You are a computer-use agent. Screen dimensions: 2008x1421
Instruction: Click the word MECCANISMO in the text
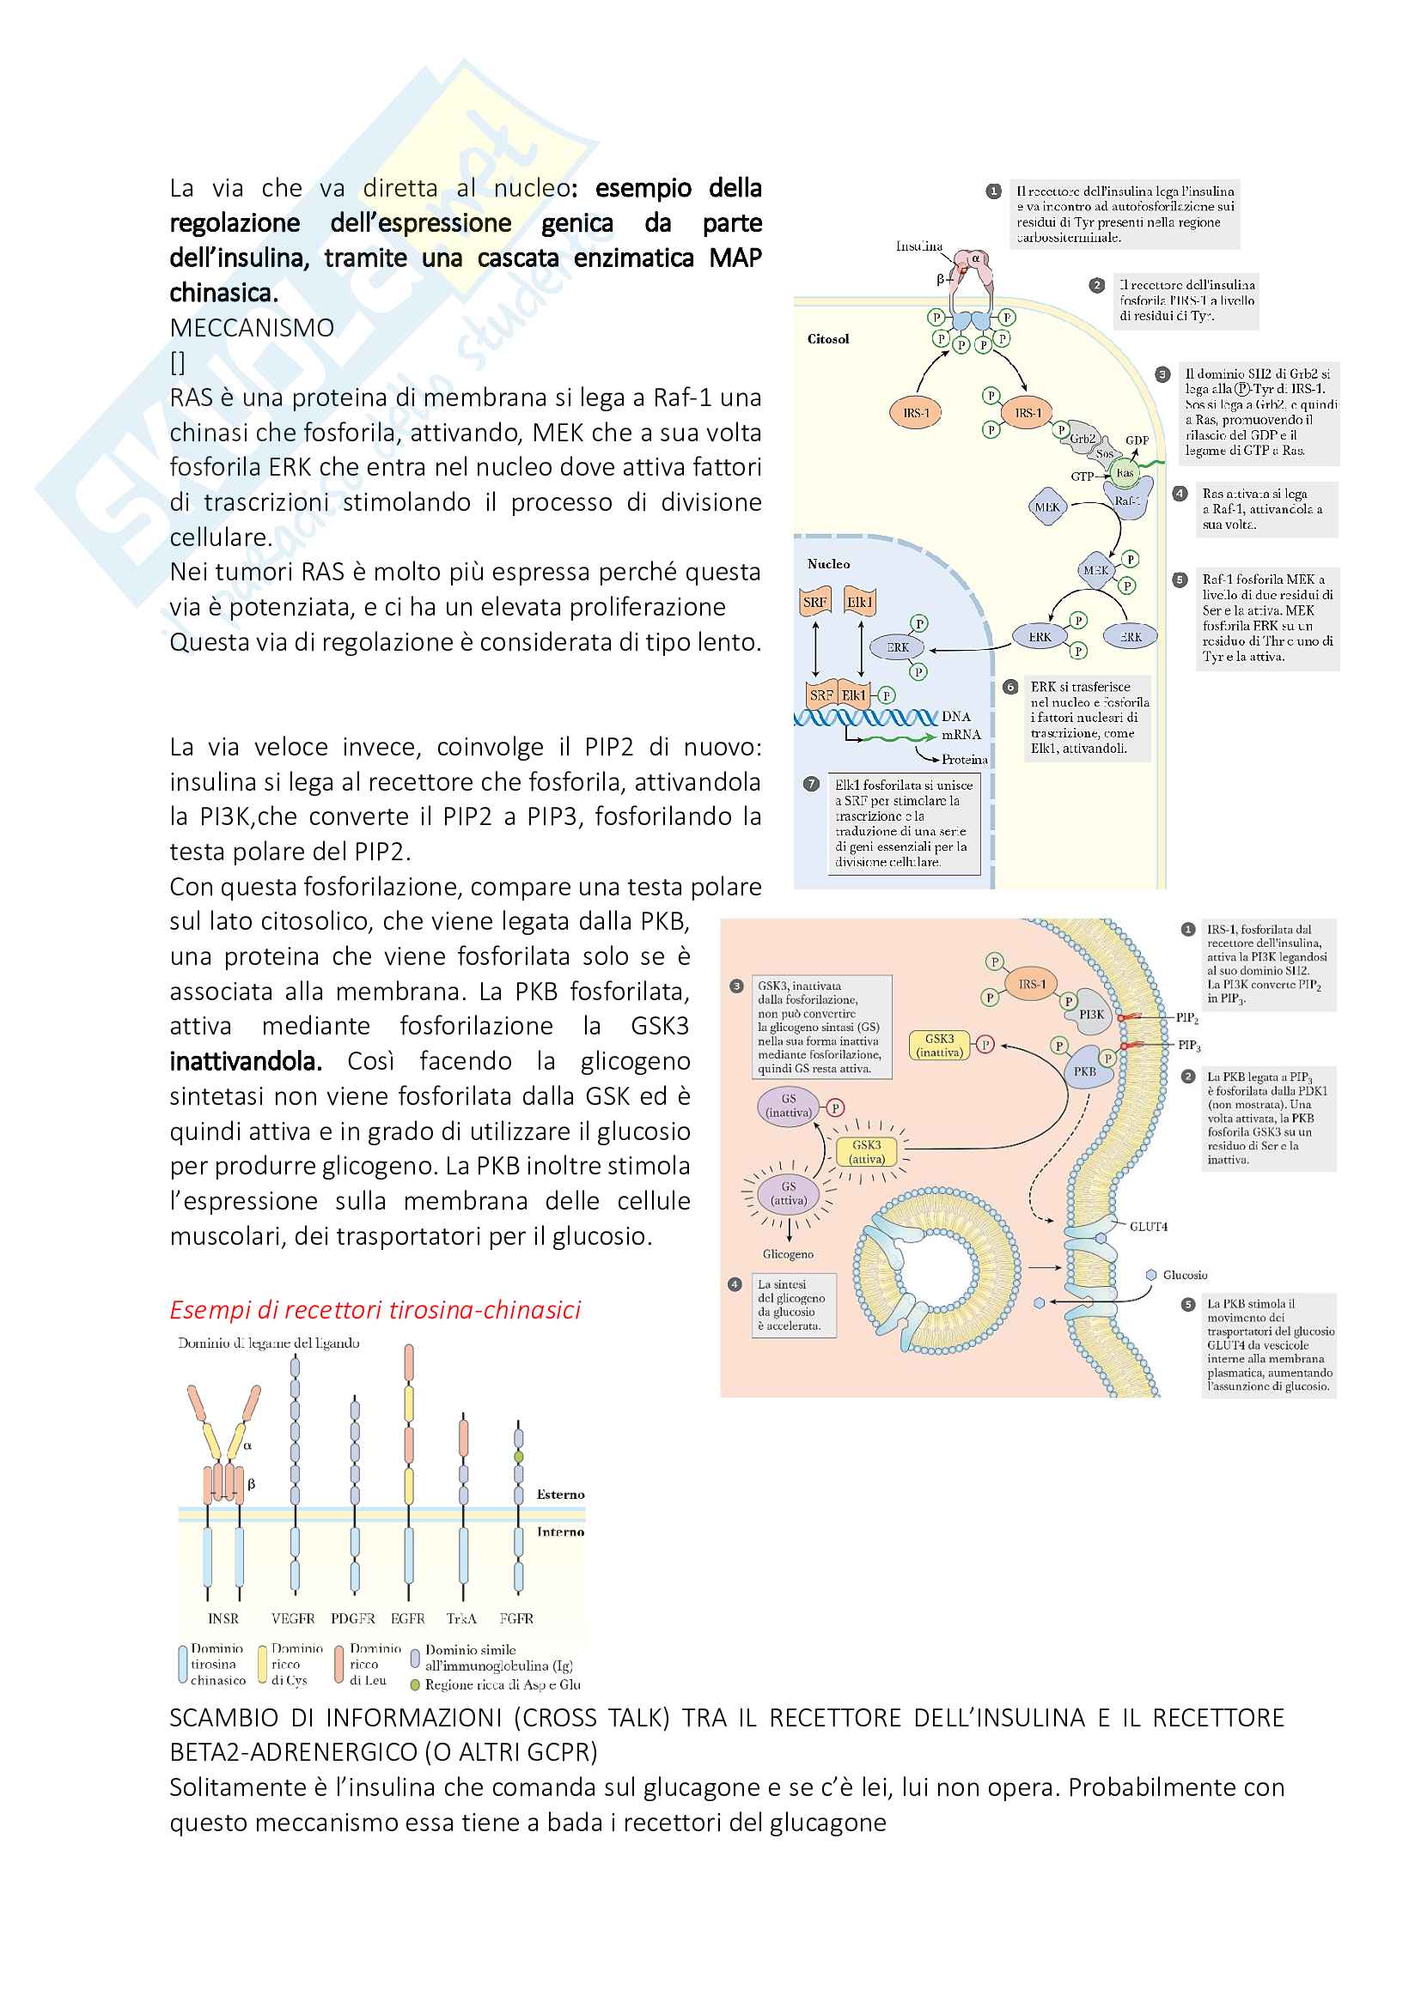tap(252, 328)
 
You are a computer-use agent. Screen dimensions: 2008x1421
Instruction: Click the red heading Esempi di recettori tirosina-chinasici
tap(375, 1309)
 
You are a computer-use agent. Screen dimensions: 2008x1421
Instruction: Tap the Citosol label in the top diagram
tap(827, 339)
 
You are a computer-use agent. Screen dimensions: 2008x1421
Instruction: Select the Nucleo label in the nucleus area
tap(827, 564)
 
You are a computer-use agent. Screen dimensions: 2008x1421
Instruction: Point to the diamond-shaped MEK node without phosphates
tap(1046, 507)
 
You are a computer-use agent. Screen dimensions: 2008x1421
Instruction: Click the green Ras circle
tap(1125, 473)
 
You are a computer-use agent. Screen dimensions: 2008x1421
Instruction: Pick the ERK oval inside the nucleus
tap(898, 647)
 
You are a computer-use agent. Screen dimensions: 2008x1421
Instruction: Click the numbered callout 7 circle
tap(811, 785)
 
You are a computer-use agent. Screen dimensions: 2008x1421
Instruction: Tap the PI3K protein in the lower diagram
tap(1090, 1015)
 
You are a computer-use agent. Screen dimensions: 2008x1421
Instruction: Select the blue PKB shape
tap(1084, 1071)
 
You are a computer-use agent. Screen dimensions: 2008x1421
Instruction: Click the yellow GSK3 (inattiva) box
tap(939, 1045)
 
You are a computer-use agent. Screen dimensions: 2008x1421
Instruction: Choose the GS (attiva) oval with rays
tap(789, 1193)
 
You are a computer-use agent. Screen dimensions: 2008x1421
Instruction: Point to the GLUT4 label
tap(1148, 1226)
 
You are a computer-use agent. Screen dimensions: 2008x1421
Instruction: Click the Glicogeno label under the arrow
tap(788, 1254)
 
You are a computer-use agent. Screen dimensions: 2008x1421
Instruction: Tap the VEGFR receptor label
tap(293, 1618)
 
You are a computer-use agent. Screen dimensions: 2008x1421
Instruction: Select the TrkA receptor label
tap(461, 1618)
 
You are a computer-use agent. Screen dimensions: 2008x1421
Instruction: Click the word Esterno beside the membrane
tap(560, 1494)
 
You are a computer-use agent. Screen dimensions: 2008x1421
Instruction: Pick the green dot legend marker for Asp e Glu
tap(415, 1684)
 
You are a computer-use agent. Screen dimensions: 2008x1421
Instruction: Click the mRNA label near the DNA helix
tap(961, 735)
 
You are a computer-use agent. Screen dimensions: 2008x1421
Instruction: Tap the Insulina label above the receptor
tap(918, 246)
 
